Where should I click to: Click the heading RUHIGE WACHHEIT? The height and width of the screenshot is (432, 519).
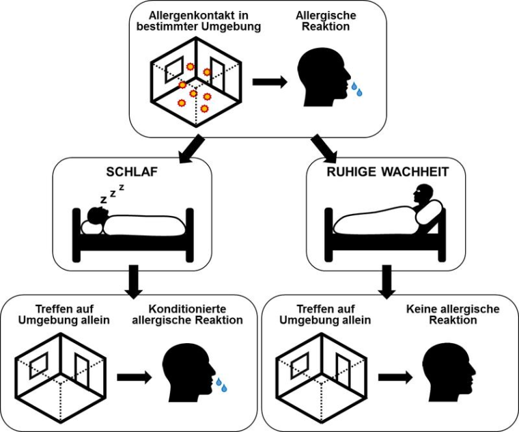387,172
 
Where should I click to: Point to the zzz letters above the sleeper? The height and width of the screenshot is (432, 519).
112,193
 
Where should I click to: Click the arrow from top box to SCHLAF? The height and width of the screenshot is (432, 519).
192,148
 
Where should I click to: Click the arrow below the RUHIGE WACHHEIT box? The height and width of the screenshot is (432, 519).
387,280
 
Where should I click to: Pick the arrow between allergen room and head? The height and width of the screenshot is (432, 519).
268,82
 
